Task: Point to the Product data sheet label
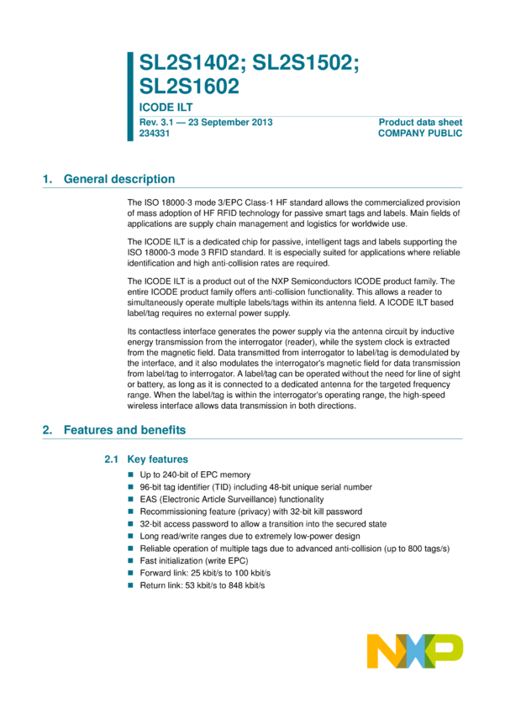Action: pyautogui.click(x=421, y=122)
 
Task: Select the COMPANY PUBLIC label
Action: pyautogui.click(x=421, y=133)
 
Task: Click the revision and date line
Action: pyautogui.click(x=206, y=122)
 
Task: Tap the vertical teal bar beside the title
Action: pyautogui.click(x=130, y=96)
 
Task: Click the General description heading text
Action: pyautogui.click(x=119, y=179)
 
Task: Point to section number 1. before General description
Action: pyautogui.click(x=47, y=179)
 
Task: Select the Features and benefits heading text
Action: pyautogui.click(x=125, y=430)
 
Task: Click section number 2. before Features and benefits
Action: pyautogui.click(x=47, y=430)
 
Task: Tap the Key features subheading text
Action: pyautogui.click(x=157, y=459)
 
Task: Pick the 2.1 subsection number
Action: pyautogui.click(x=110, y=459)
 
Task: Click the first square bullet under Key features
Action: pyautogui.click(x=130, y=475)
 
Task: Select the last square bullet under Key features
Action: pyautogui.click(x=130, y=585)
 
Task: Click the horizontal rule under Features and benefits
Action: pyautogui.click(x=252, y=438)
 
